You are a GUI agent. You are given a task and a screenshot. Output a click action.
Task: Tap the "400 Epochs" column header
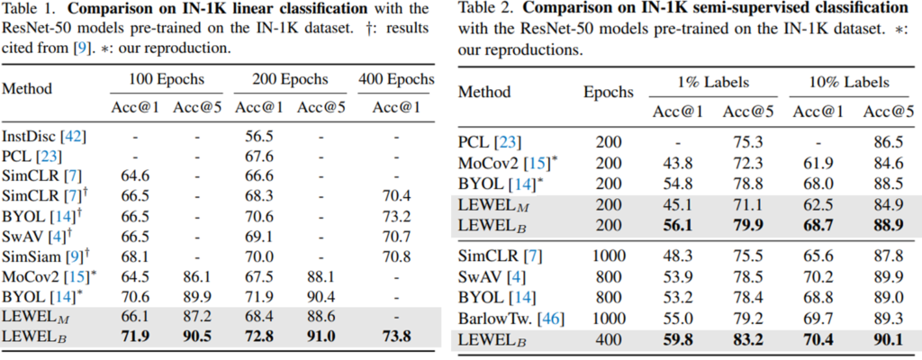(x=396, y=80)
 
